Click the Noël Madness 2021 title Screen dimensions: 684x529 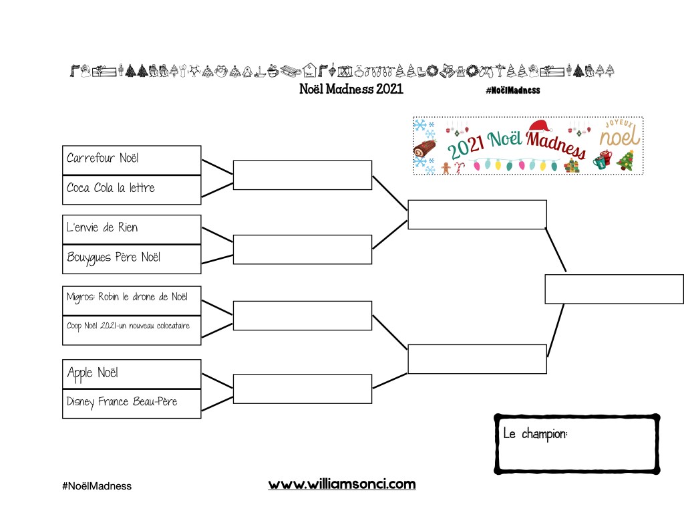[351, 89]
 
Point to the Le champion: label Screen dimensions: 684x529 [535, 434]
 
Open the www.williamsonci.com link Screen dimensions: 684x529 [342, 484]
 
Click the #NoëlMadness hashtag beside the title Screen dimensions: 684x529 [513, 90]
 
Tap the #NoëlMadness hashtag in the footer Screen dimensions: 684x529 [97, 486]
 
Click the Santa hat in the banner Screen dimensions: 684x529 [540, 126]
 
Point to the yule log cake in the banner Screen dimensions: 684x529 [424, 148]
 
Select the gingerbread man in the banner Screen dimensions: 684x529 [446, 168]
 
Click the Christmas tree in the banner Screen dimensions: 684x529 [625, 161]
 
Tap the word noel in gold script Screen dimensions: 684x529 [619, 136]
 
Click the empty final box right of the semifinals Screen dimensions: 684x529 [615, 289]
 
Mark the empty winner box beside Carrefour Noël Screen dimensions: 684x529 [303, 175]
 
